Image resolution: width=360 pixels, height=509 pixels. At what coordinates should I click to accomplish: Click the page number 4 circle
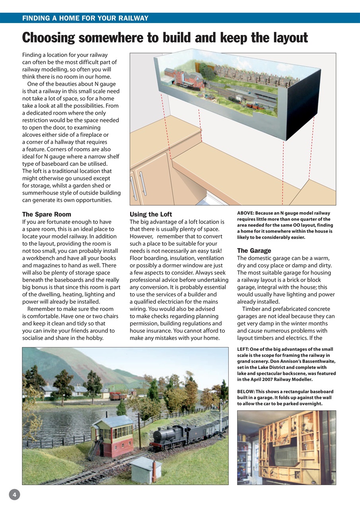(14, 495)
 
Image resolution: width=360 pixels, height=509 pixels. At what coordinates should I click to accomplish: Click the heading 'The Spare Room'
(47, 214)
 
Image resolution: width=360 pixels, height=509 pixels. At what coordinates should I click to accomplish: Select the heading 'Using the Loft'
(151, 214)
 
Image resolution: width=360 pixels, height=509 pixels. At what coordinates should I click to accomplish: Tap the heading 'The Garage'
(254, 251)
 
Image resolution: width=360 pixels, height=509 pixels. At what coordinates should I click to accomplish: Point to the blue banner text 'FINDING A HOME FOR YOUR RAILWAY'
(85, 18)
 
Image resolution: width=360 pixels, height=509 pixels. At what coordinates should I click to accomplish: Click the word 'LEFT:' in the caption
(243, 349)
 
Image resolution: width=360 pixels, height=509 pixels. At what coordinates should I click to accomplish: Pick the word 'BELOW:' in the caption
(246, 392)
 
